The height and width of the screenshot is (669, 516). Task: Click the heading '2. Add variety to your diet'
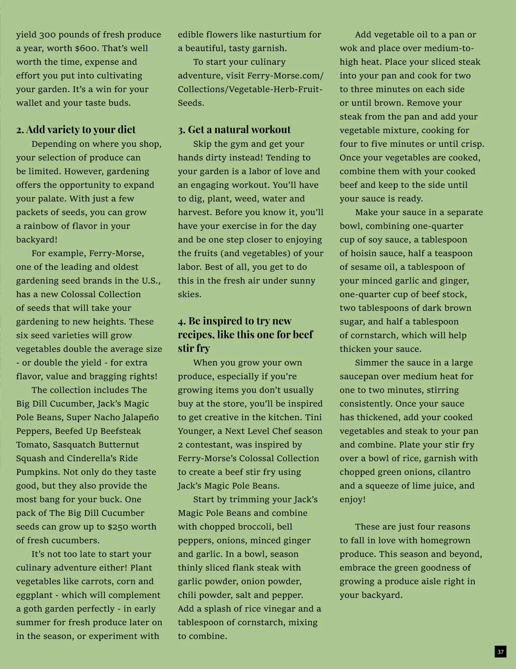(76, 130)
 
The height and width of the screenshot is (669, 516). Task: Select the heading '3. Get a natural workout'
(234, 130)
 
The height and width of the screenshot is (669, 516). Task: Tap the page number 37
(500, 651)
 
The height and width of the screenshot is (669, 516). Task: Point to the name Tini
(313, 417)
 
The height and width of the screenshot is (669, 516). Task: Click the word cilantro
(455, 472)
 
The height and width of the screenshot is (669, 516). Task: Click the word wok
(347, 48)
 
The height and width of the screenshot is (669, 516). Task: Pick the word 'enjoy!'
(353, 499)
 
